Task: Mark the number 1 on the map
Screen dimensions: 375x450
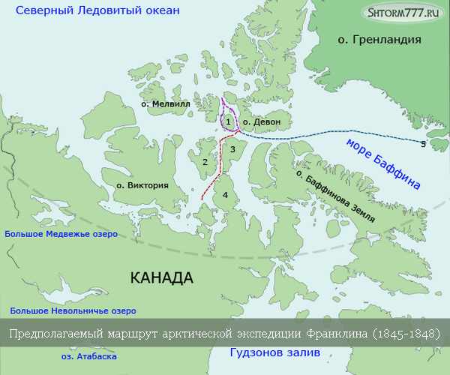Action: [x=228, y=121]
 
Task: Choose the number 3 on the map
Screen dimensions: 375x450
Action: [x=232, y=149]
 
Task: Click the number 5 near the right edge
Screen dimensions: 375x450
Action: [x=423, y=143]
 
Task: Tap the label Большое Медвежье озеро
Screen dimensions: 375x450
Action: [x=62, y=234]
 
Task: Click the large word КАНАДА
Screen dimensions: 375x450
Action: [x=161, y=277]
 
